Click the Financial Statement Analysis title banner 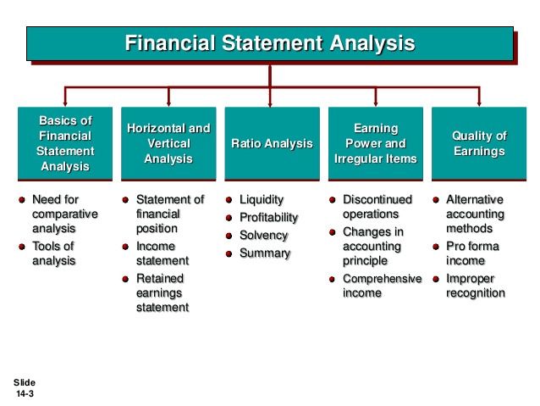tap(270, 43)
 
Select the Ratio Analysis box tap(272, 143)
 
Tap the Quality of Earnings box tap(479, 143)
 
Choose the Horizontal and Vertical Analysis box tap(168, 143)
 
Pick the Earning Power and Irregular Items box tap(376, 143)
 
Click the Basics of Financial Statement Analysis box tap(65, 143)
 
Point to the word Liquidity tap(262, 200)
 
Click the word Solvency tap(263, 236)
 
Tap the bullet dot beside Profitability tap(229, 218)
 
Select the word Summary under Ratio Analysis tap(265, 253)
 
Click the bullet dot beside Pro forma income tap(436, 247)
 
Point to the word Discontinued tap(377, 199)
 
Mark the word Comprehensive tap(382, 278)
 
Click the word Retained tap(160, 278)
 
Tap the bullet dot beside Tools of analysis tap(22, 247)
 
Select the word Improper tap(470, 279)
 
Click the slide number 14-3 tap(25, 393)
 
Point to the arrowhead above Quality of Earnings tap(479, 103)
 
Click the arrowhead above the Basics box tap(65, 103)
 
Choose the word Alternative tap(474, 199)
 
